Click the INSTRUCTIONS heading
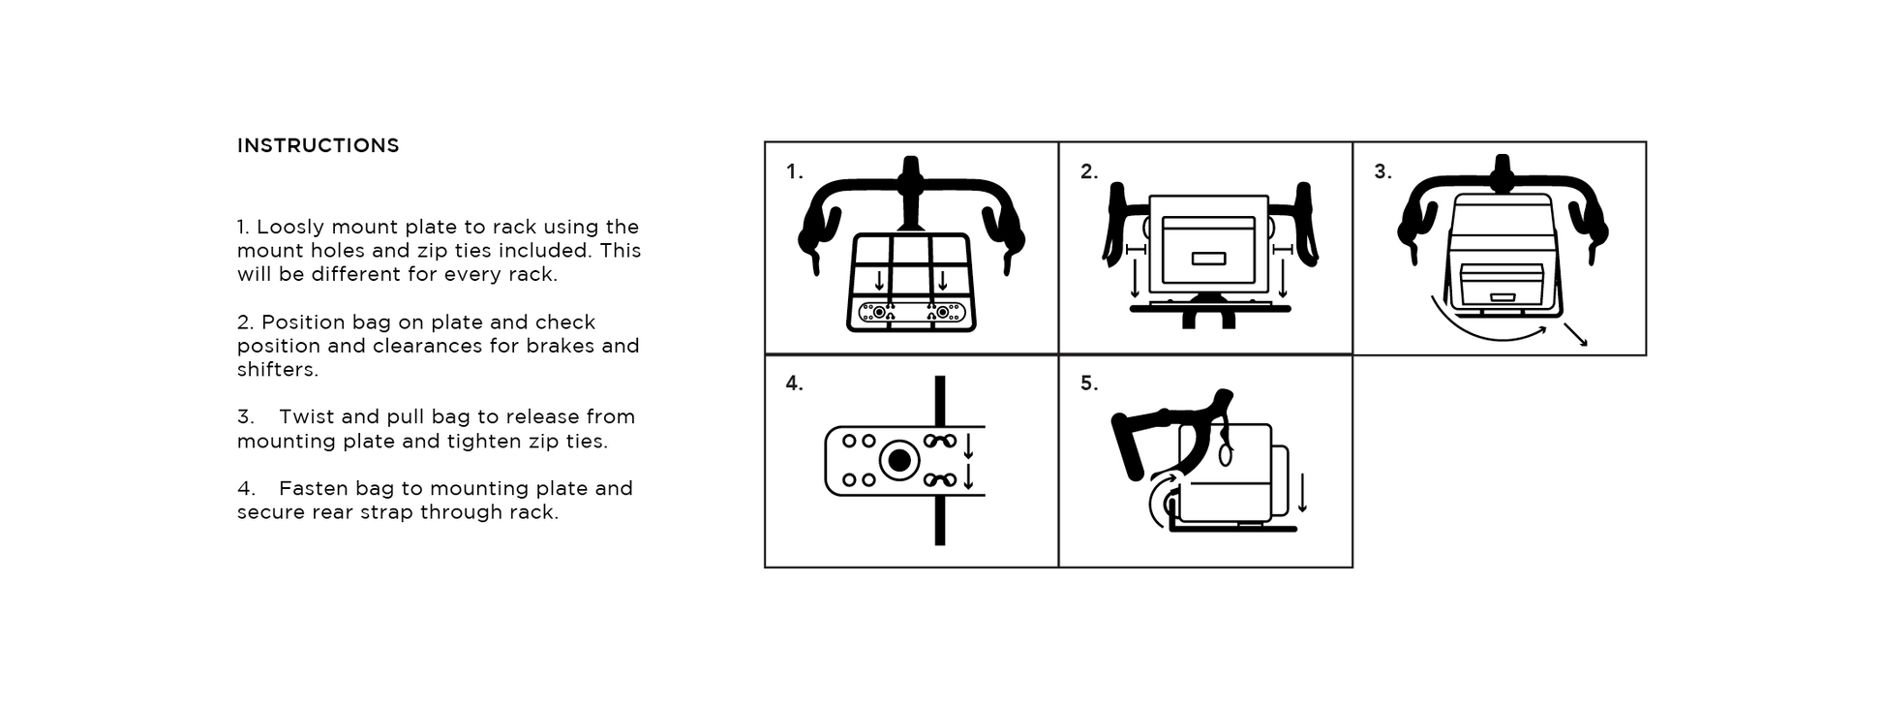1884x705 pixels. click(x=318, y=145)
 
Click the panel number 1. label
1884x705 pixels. click(x=794, y=172)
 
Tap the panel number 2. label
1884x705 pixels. click(x=1089, y=172)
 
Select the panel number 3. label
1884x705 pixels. click(x=1383, y=172)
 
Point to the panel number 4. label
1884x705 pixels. click(x=794, y=383)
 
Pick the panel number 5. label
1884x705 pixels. click(x=1089, y=383)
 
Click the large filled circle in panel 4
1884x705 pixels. click(x=899, y=461)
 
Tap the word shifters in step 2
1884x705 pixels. click(x=277, y=370)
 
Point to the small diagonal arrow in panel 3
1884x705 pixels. click(x=1575, y=334)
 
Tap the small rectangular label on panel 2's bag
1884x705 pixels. click(x=1208, y=259)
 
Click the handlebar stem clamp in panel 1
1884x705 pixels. click(x=908, y=178)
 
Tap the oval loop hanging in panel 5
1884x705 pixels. click(x=1226, y=452)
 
